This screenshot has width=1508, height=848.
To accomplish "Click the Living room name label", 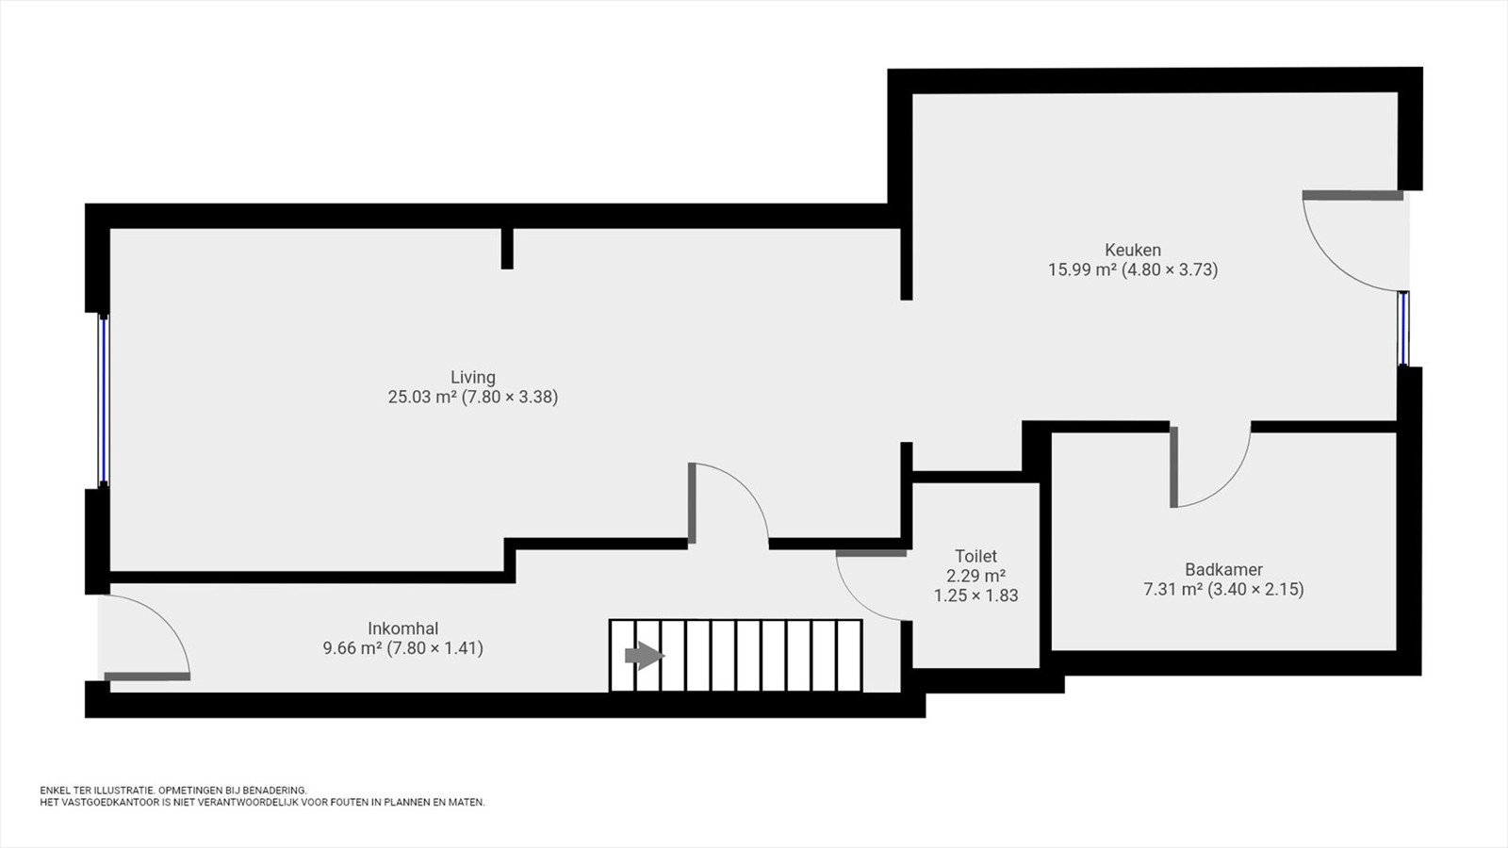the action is (472, 377).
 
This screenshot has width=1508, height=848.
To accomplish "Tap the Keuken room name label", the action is (1133, 250).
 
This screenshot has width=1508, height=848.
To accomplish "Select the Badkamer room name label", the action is (1224, 569).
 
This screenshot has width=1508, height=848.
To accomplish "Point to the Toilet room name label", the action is (975, 556).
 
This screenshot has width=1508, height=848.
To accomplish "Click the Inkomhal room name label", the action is (403, 628).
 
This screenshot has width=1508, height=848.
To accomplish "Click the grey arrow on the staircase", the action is (645, 656).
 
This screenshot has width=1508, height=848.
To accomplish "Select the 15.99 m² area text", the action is (1082, 269).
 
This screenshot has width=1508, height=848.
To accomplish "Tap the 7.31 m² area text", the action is (1173, 590).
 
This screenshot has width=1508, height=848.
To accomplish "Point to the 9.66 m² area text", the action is (352, 648).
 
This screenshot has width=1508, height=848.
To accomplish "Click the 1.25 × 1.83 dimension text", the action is (975, 595).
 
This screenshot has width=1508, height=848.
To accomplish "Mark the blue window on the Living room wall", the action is (103, 400).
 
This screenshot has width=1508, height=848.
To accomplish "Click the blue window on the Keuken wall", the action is (1403, 329).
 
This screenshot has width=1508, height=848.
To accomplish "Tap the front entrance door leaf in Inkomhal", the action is (147, 677).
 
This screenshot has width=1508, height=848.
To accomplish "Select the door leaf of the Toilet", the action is (871, 553).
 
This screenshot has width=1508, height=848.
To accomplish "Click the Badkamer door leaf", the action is (1174, 467).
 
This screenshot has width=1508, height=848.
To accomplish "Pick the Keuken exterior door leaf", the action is (1352, 196).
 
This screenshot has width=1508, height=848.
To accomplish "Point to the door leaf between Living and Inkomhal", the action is (692, 503).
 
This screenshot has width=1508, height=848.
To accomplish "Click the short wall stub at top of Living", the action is (507, 249).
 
